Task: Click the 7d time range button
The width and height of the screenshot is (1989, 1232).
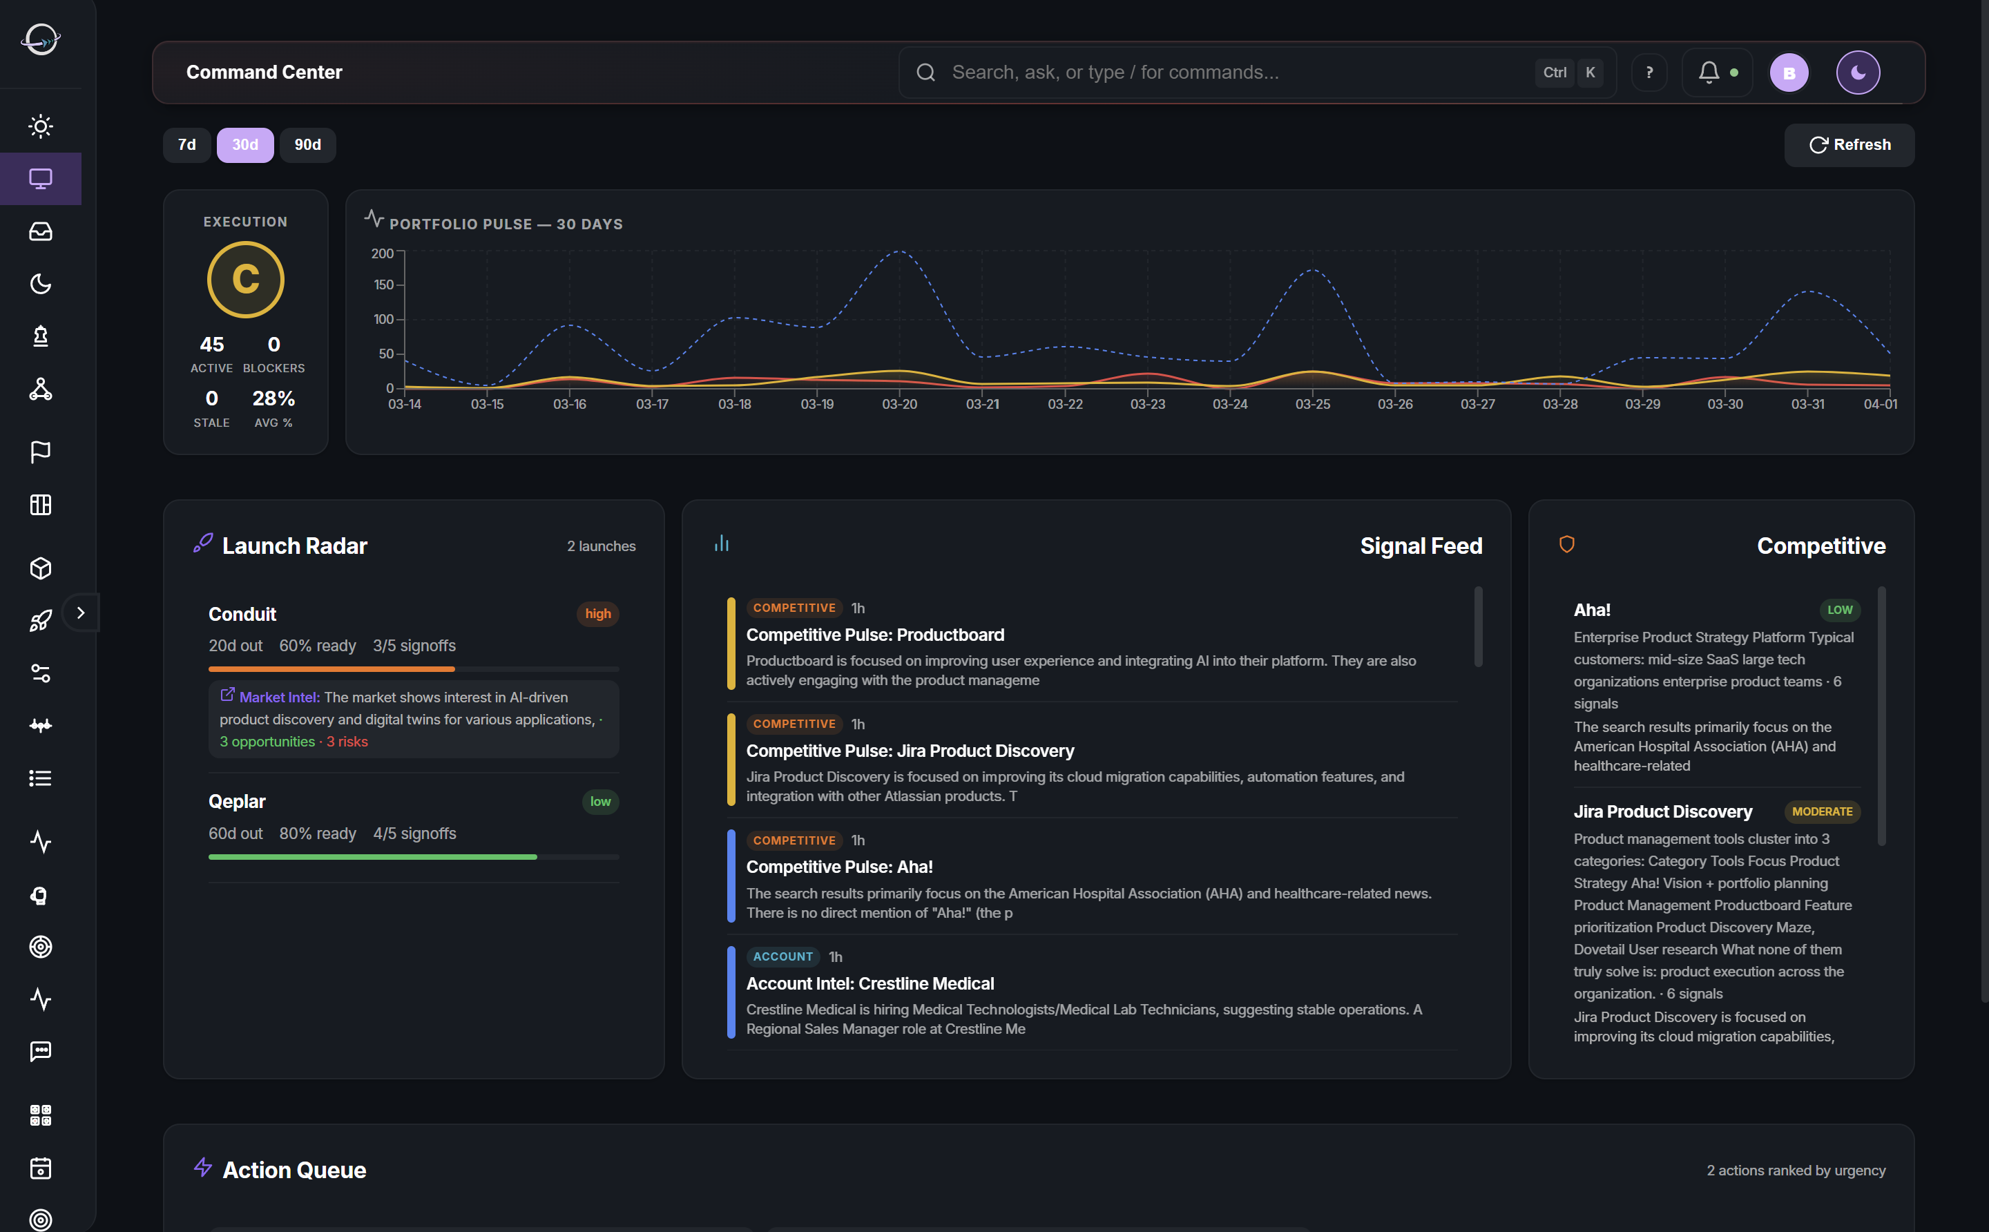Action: point(186,145)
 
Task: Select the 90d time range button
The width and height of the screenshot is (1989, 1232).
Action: point(307,145)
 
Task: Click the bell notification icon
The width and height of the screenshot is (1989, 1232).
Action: point(1709,73)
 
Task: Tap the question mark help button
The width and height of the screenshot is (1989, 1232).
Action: point(1649,73)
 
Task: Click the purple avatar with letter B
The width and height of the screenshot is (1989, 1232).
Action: point(1789,73)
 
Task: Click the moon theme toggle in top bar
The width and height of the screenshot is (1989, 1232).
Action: point(1857,73)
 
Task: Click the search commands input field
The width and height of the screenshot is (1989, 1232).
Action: point(1222,73)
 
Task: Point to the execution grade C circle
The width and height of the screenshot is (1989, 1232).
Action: point(245,280)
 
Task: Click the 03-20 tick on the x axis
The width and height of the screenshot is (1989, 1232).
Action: point(900,404)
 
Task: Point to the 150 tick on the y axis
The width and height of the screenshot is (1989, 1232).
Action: point(383,285)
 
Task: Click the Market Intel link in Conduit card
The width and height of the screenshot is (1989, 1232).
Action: point(279,697)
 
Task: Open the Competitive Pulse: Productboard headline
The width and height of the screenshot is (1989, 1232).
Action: point(874,635)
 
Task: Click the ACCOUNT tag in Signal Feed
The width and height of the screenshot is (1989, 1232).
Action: point(782,956)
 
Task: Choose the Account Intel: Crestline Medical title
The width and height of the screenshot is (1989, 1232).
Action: point(869,983)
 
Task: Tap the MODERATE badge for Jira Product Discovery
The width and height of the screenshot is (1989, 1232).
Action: point(1821,811)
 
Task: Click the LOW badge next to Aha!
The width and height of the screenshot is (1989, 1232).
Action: point(1839,610)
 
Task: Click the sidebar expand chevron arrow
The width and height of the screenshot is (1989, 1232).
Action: point(81,613)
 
